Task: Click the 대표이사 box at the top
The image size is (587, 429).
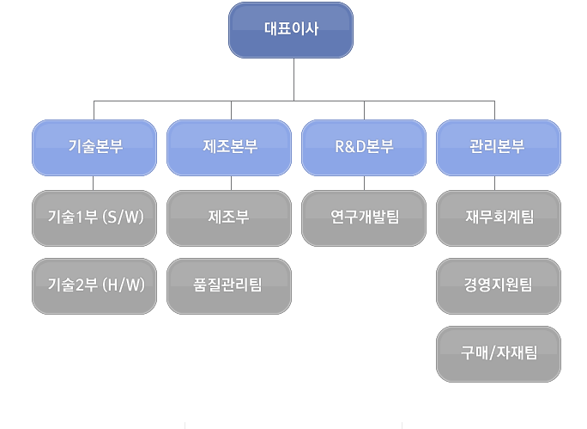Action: (291, 30)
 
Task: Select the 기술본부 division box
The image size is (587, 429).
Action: (94, 148)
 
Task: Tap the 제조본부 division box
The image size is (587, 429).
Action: (229, 148)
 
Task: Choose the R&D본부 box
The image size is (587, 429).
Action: (364, 148)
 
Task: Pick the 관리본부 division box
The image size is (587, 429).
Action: (499, 148)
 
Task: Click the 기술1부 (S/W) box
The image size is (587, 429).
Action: (94, 218)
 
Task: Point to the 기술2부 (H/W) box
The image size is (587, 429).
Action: (94, 286)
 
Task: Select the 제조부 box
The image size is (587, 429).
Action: (229, 218)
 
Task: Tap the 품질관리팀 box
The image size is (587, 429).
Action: (229, 286)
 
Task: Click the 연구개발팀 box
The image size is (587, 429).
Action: (364, 218)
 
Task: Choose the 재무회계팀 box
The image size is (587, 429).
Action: (499, 218)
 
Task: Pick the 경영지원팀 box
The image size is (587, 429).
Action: (499, 286)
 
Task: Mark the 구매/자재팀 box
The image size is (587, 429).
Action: (499, 354)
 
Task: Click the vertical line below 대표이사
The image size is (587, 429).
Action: (293, 79)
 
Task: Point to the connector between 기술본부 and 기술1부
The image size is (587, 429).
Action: (94, 183)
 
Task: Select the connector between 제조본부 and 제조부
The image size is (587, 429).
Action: (232, 183)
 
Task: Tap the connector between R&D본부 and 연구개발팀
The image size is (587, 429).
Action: (364, 183)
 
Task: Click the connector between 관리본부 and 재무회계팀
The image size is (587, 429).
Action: (494, 183)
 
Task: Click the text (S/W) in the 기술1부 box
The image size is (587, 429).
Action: (124, 217)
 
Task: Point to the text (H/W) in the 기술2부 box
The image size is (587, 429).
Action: (124, 285)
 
